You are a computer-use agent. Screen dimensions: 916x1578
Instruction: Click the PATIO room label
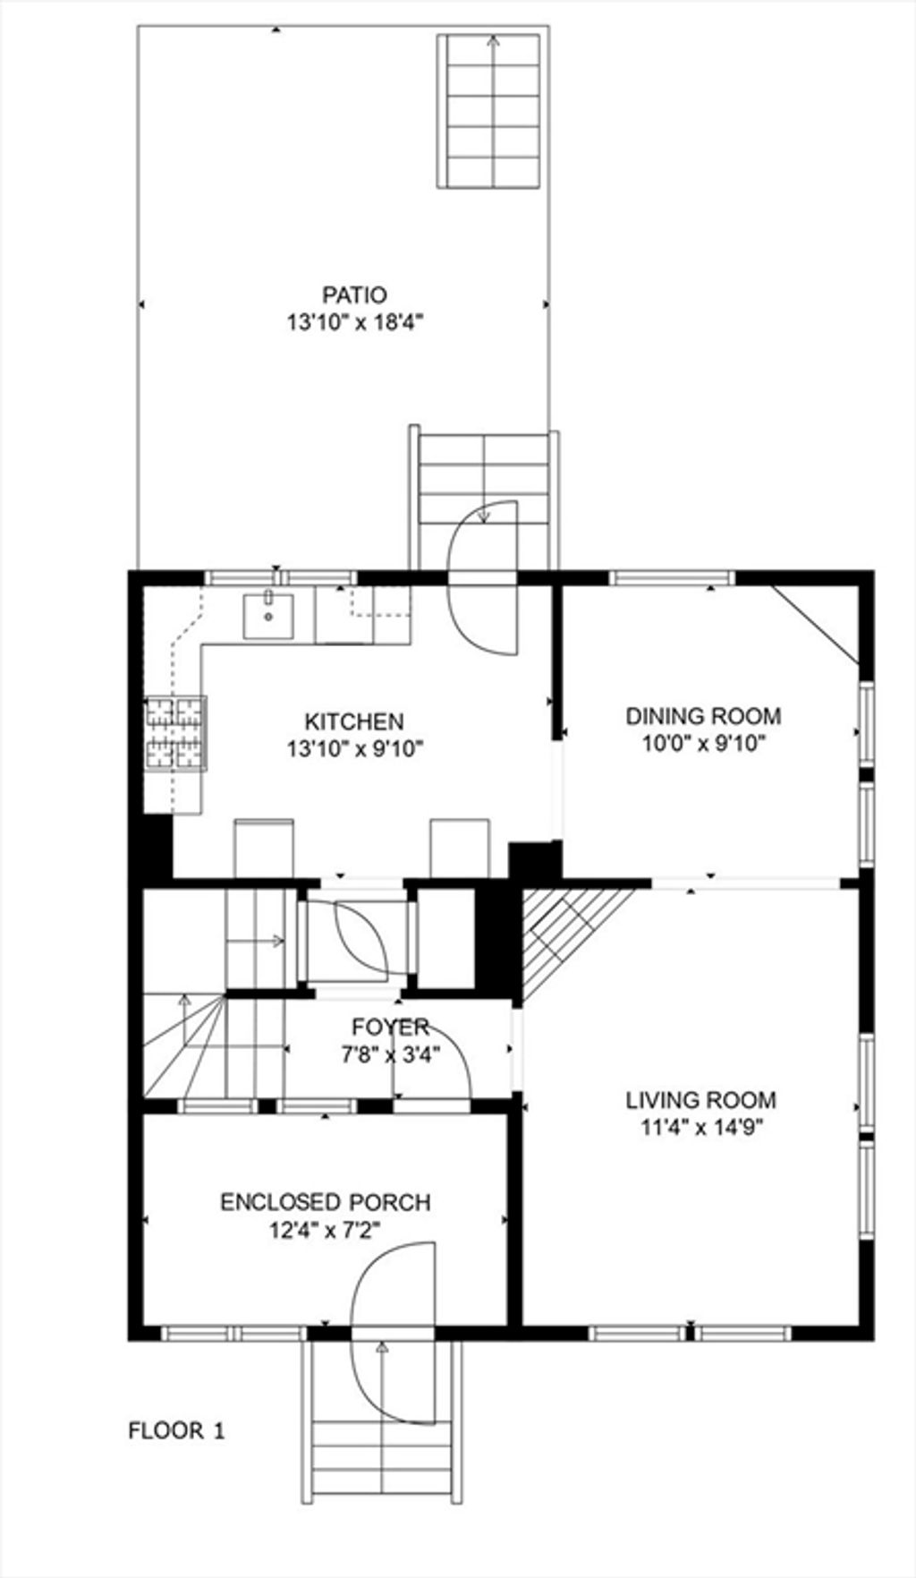(x=354, y=294)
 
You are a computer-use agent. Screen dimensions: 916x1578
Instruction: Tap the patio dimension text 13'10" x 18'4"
(x=354, y=322)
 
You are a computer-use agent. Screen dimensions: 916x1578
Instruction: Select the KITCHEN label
(x=354, y=721)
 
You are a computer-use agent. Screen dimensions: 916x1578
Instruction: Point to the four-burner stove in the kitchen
(x=175, y=733)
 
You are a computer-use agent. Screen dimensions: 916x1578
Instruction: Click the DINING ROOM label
(x=703, y=716)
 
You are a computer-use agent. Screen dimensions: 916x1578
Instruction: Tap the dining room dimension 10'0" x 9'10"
(x=703, y=743)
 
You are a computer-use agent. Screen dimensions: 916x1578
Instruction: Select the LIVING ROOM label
(x=701, y=1100)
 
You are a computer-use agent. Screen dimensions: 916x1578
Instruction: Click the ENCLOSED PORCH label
(x=326, y=1202)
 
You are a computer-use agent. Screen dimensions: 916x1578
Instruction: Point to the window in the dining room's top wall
(x=672, y=577)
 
